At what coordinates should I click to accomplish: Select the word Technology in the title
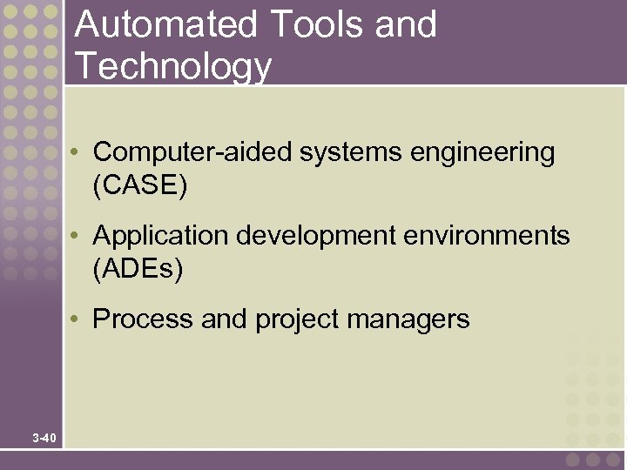coord(173,66)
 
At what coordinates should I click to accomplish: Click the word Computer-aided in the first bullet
coord(193,152)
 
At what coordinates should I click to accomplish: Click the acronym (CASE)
coord(139,186)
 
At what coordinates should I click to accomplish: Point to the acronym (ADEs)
coord(138,270)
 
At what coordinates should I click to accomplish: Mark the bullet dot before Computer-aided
coord(78,154)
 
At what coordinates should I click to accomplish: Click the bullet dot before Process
coord(78,320)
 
